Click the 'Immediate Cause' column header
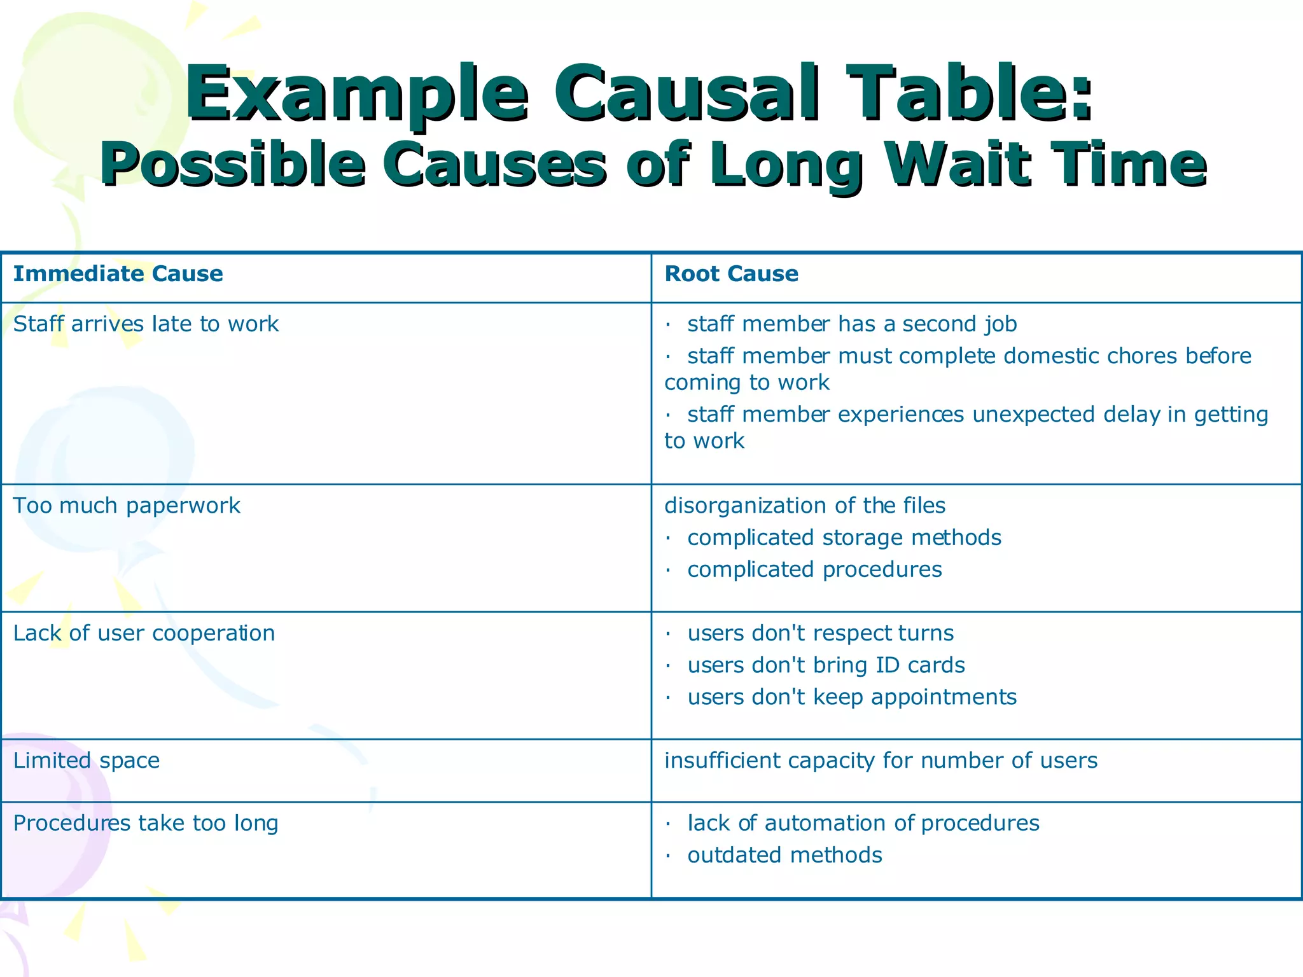point(118,274)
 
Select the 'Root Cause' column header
point(731,274)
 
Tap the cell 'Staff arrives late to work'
point(146,324)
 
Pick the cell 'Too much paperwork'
point(127,506)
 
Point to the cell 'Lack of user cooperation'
point(144,634)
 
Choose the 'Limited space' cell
point(87,761)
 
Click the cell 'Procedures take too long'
point(146,824)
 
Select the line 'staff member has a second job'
point(851,324)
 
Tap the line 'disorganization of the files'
point(805,506)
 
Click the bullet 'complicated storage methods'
point(844,538)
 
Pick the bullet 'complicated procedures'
point(814,570)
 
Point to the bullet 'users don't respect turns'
point(820,634)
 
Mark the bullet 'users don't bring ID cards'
point(826,665)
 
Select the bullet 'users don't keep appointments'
point(851,697)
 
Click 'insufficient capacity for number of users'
point(881,761)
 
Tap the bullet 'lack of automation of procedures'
point(863,824)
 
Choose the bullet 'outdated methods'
point(784,856)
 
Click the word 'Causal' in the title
point(690,93)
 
